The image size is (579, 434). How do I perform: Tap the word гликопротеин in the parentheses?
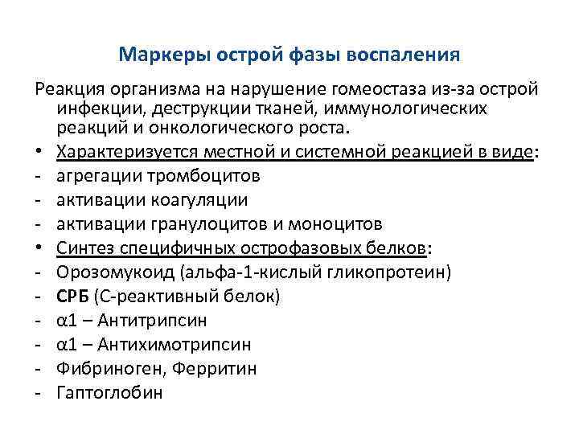[388, 272]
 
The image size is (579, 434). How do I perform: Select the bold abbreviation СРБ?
[73, 297]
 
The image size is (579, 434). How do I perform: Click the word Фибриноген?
[102, 369]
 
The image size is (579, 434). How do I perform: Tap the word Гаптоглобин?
[110, 393]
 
